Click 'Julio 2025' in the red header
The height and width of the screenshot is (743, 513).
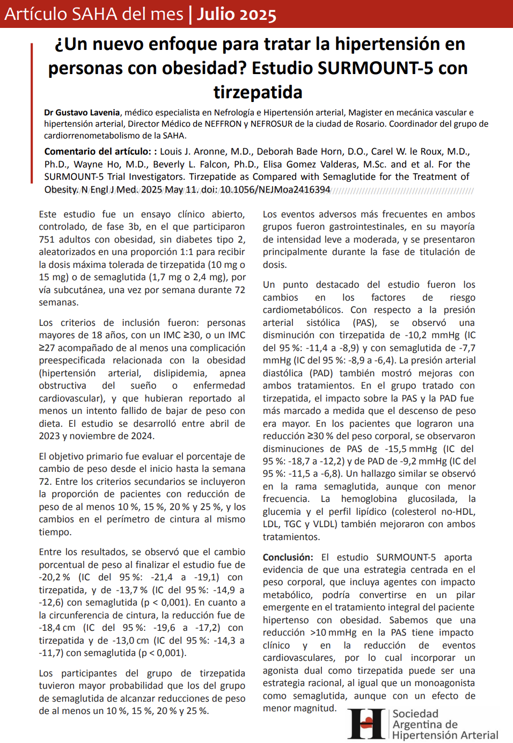[236, 14]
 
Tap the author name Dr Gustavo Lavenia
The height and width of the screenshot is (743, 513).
[82, 113]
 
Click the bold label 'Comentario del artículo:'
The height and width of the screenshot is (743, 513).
[97, 151]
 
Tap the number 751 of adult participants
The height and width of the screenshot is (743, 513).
[47, 239]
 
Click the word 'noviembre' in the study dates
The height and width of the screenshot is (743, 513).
[84, 436]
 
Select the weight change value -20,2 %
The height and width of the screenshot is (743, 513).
[54, 578]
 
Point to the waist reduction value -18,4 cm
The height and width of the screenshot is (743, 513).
[57, 628]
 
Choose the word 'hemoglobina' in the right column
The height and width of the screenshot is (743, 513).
[370, 499]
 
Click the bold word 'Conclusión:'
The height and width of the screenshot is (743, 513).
[288, 557]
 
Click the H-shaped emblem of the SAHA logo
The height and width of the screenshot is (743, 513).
[368, 724]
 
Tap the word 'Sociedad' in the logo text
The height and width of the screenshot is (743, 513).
[415, 714]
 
